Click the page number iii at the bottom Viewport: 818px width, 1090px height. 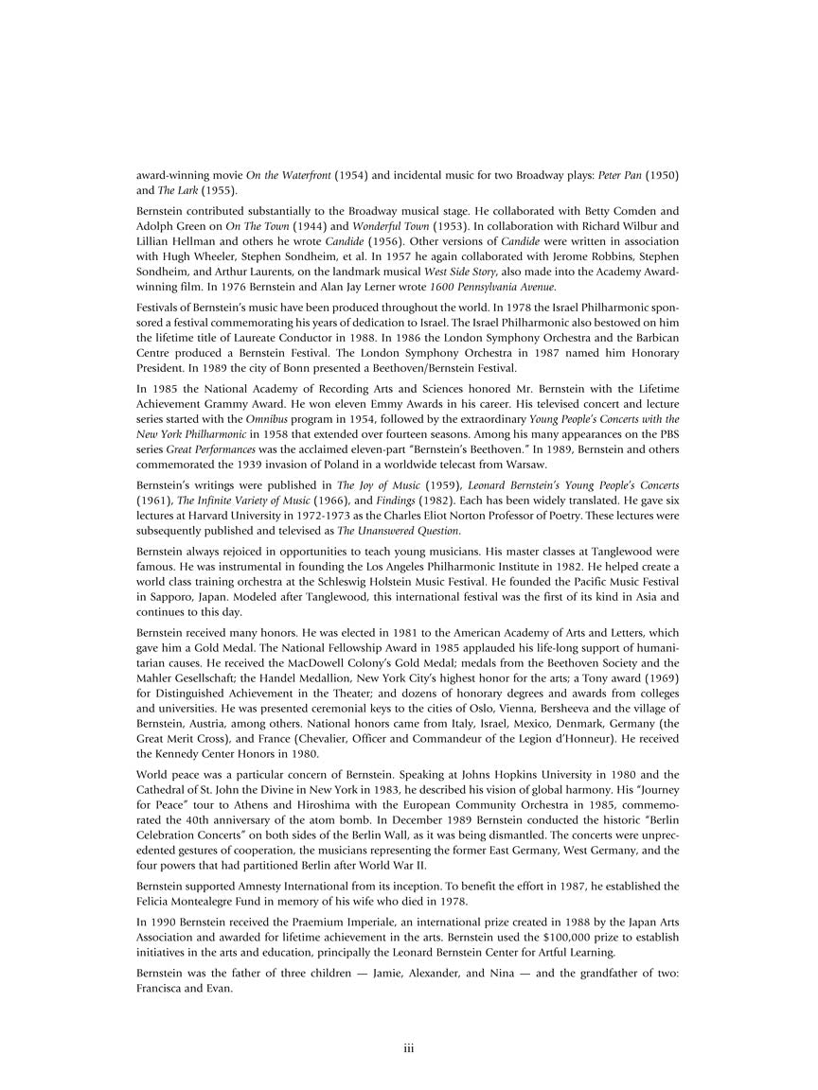409,1048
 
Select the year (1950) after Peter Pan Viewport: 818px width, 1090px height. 659,176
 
